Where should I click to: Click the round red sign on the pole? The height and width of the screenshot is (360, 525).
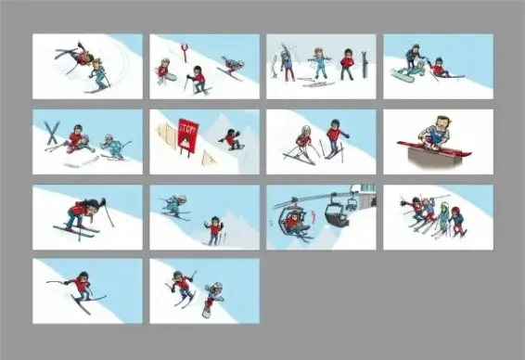tap(184, 47)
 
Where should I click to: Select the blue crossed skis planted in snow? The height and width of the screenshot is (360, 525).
tap(52, 133)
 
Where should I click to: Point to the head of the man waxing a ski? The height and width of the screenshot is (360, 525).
tap(442, 124)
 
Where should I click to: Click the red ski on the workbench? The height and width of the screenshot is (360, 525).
tap(434, 149)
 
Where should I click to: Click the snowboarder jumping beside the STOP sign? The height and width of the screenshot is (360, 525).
tap(232, 139)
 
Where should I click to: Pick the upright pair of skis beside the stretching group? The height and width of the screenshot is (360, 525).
tap(364, 64)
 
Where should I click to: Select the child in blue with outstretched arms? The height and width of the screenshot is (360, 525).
tap(319, 64)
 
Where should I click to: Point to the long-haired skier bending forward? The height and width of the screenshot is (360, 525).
tap(84, 215)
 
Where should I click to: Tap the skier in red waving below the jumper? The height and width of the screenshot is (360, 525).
tap(213, 230)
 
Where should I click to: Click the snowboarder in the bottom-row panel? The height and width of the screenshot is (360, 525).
tap(213, 298)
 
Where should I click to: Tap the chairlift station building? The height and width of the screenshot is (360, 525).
tap(367, 197)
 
